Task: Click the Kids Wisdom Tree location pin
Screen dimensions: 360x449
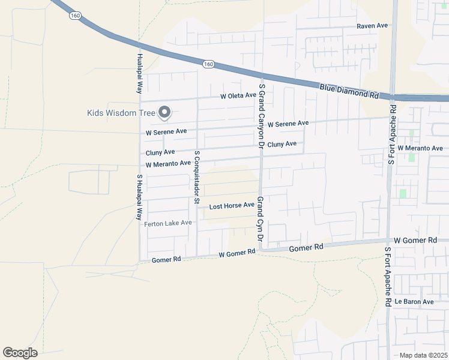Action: [x=164, y=112]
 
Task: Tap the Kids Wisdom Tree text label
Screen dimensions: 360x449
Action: [x=121, y=113]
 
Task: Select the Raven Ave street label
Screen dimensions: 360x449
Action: [x=372, y=26]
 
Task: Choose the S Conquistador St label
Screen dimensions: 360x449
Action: [x=196, y=177]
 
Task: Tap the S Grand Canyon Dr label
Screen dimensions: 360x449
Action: [x=261, y=116]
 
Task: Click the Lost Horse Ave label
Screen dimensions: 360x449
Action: [x=232, y=206]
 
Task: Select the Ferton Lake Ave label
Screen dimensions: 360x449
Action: [x=168, y=223]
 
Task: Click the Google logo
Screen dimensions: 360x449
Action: [x=20, y=353]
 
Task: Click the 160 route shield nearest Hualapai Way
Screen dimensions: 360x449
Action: [x=75, y=16]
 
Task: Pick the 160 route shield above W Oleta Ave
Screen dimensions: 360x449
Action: [x=208, y=64]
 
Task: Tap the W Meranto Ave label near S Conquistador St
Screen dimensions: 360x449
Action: [x=168, y=164]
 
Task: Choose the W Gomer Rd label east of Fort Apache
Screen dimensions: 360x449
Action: [x=415, y=240]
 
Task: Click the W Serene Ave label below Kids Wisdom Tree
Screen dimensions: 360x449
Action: [x=166, y=131]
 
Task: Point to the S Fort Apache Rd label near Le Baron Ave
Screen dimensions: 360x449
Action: [x=388, y=277]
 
